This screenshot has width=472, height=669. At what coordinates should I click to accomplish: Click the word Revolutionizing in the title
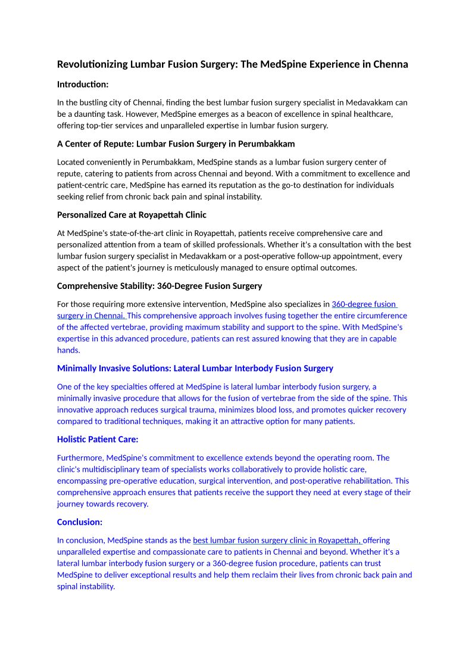92,64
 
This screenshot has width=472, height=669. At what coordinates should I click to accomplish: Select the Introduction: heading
83,85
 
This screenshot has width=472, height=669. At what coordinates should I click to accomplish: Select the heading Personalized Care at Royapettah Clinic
132,214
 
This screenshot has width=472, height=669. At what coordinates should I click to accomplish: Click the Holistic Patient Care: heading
98,439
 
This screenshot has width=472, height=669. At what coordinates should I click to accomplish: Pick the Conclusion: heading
80,522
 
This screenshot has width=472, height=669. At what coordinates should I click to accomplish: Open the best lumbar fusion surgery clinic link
277,540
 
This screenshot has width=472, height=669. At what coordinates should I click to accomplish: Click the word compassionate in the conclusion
163,552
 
